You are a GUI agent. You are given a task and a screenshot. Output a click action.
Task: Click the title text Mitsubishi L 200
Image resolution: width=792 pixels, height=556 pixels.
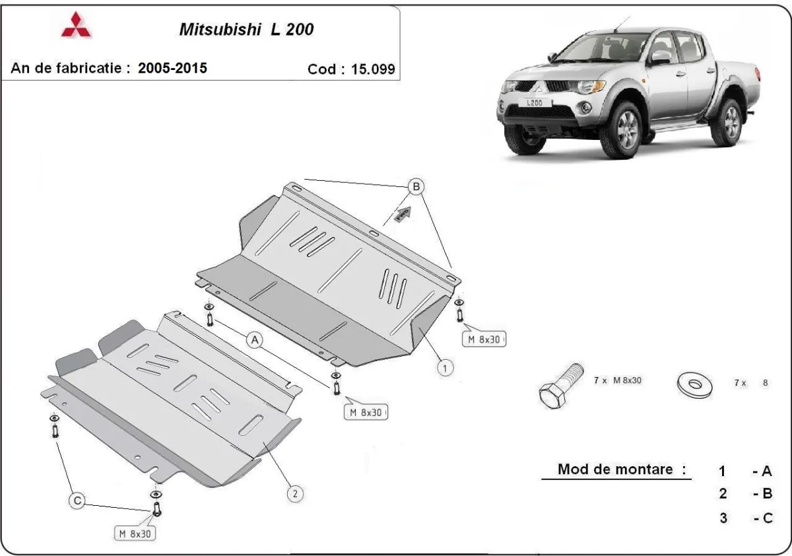tap(247, 30)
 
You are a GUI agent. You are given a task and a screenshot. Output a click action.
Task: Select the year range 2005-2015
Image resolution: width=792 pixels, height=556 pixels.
tap(172, 68)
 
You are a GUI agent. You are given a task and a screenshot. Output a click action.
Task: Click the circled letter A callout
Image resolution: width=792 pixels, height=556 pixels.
tap(255, 340)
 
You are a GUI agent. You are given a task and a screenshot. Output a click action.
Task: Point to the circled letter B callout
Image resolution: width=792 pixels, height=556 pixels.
tap(416, 188)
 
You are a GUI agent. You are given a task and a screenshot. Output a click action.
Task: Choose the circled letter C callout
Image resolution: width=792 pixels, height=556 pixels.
tap(77, 501)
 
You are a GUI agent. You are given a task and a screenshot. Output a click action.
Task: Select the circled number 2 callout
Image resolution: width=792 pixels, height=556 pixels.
tap(295, 493)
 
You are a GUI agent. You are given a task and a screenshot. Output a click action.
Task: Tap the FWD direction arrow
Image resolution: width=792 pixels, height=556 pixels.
tap(403, 213)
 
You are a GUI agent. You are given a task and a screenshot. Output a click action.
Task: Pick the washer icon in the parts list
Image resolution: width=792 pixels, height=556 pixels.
tap(694, 384)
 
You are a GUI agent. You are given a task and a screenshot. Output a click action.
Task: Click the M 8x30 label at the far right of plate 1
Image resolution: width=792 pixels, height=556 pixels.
tap(485, 340)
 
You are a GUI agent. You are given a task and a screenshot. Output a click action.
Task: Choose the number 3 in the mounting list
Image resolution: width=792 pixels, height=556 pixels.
tap(723, 518)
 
